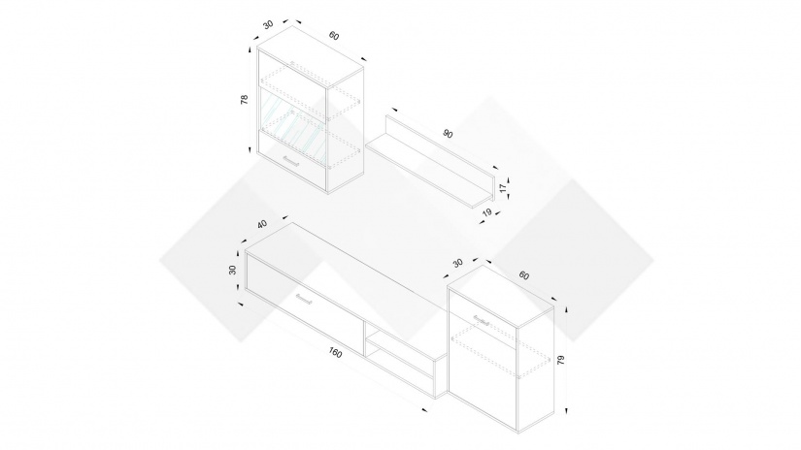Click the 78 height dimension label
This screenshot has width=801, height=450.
tap(244, 100)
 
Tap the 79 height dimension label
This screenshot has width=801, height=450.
tap(561, 360)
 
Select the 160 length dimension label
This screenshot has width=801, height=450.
tap(335, 353)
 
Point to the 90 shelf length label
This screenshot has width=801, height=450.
tap(448, 134)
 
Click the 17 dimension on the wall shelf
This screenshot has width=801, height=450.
tap(503, 188)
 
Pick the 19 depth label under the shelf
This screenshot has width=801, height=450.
tap(486, 212)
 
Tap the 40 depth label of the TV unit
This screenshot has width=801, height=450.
tap(262, 224)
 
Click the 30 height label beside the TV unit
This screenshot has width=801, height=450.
tap(232, 270)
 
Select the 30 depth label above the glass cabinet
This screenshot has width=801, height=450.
tap(268, 24)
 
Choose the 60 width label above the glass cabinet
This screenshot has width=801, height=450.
tap(334, 36)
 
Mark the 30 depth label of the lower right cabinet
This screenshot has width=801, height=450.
tap(457, 263)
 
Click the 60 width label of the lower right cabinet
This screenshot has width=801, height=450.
tap(524, 275)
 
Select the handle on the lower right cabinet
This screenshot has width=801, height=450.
tap(482, 320)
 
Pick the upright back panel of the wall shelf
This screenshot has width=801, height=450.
tap(440, 153)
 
